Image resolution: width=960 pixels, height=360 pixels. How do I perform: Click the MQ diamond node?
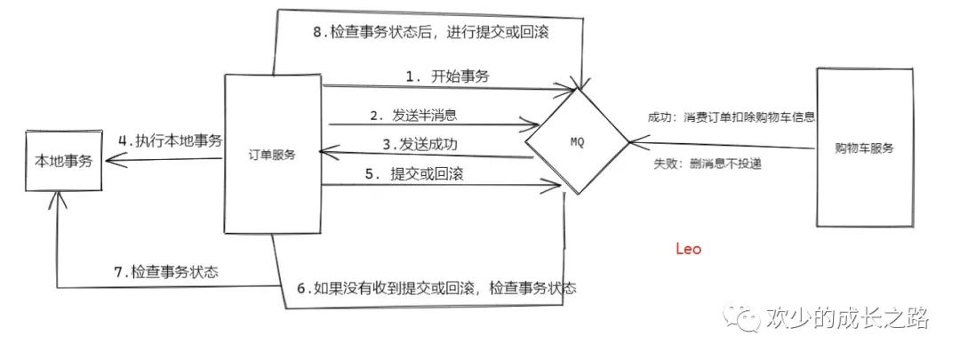[x=576, y=140]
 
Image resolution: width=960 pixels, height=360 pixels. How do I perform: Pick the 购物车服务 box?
[x=865, y=148]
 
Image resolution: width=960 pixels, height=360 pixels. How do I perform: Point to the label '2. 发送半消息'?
[x=414, y=116]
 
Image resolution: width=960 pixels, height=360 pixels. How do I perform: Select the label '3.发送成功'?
[x=420, y=143]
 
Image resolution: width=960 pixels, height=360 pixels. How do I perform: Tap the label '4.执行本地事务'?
[x=170, y=140]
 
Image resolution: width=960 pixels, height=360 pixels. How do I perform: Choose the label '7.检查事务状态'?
[x=166, y=271]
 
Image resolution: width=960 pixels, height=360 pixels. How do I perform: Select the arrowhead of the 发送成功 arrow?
[x=325, y=153]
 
